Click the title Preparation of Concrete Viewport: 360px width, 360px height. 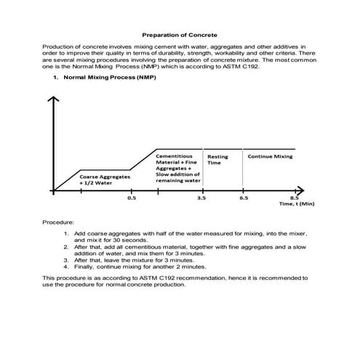tap(179, 34)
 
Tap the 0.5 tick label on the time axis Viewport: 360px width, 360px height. tap(131, 198)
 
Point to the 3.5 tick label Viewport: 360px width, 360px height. tap(200, 198)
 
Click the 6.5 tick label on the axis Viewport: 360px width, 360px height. tap(244, 198)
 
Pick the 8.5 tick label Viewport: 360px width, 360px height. tap(295, 198)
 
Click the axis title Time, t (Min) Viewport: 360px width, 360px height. tap(296, 204)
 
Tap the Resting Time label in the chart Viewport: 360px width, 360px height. tap(217, 160)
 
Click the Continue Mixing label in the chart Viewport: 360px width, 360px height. tap(270, 156)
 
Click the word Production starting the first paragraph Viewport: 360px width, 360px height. tap(59, 45)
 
